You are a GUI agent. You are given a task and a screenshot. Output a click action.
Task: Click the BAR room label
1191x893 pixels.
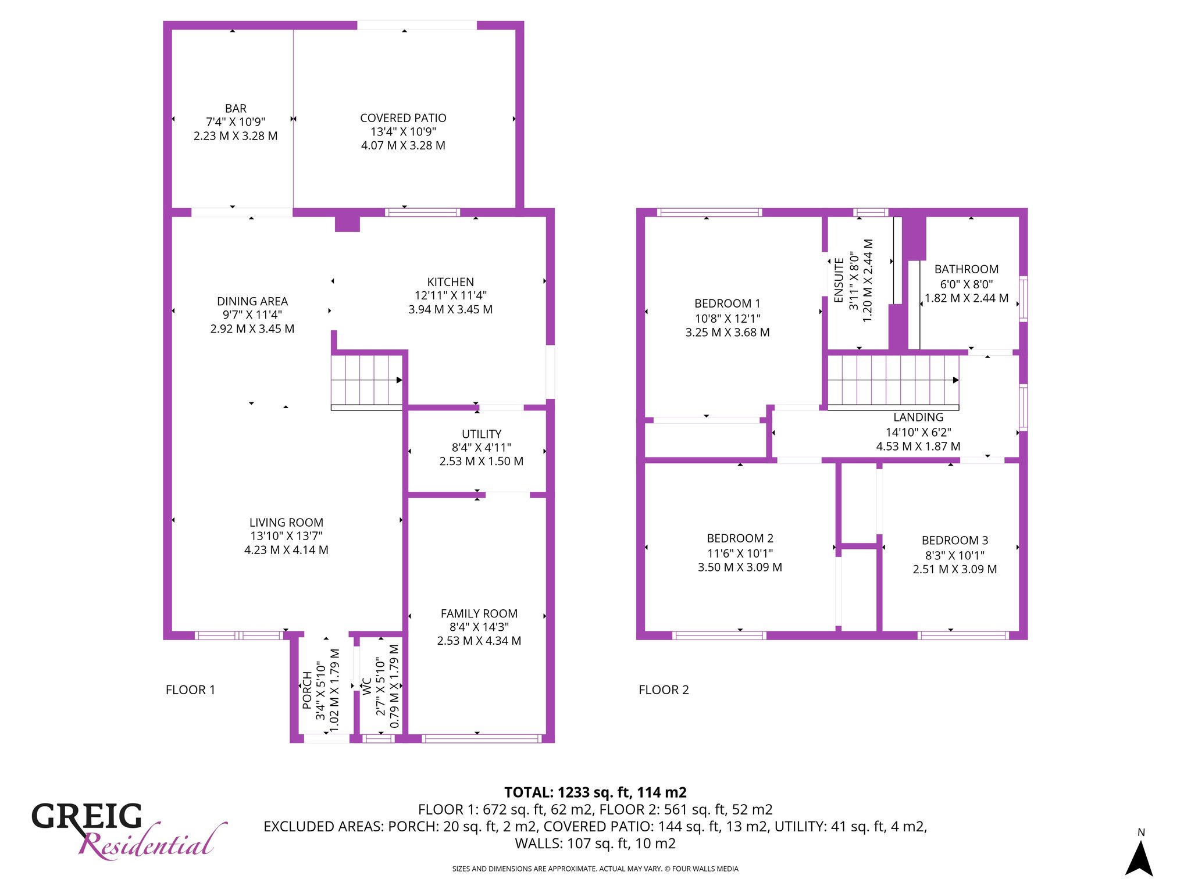[x=236, y=109]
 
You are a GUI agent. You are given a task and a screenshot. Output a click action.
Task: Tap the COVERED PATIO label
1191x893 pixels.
[x=403, y=118]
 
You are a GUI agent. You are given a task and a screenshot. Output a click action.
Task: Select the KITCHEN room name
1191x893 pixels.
[x=451, y=282]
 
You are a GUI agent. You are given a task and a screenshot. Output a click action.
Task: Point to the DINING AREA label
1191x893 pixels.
[x=252, y=301]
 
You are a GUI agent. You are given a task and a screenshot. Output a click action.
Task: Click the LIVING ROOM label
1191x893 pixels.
[x=286, y=523]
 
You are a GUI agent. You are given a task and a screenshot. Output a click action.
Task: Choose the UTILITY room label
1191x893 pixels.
[x=482, y=434]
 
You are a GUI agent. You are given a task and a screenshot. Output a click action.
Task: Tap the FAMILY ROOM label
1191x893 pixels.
[x=479, y=613]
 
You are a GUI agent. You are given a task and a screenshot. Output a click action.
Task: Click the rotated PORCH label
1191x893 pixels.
[x=307, y=690]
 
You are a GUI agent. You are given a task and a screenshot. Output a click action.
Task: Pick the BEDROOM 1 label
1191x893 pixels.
[x=728, y=303]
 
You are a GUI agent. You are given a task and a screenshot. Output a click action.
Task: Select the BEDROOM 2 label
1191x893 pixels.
[x=740, y=538]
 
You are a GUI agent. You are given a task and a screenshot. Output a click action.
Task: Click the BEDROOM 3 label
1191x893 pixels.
[x=955, y=541]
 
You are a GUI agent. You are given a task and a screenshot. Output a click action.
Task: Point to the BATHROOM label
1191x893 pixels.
[x=967, y=269]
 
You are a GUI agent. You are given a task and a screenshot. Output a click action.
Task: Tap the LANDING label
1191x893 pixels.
[x=918, y=417]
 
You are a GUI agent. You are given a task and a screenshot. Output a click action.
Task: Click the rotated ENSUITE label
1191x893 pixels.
[x=839, y=280]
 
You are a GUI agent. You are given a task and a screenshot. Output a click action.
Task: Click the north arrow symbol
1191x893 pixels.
[x=1139, y=858]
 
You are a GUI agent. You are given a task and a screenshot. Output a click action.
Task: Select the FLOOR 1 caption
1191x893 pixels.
[x=190, y=690]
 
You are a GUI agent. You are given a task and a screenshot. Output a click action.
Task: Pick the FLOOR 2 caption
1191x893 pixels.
[x=664, y=690]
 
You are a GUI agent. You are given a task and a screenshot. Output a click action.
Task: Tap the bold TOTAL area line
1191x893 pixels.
[x=595, y=792]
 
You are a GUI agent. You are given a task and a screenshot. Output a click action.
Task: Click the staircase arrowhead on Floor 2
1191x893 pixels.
[x=955, y=380]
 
